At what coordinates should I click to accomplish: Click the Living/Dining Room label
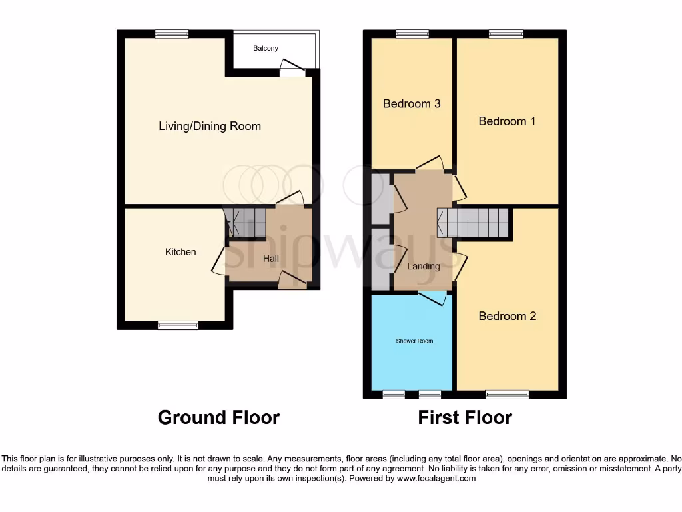[209, 126]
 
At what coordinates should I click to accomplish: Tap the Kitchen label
[180, 252]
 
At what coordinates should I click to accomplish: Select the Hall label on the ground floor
[270, 259]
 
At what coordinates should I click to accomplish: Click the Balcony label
[266, 49]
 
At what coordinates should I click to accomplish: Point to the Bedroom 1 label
[507, 121]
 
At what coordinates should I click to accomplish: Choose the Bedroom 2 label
[507, 316]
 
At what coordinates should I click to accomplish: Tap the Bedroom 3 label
[412, 104]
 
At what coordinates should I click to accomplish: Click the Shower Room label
[414, 341]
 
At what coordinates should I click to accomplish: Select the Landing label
[424, 266]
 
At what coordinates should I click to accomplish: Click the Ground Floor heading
[218, 418]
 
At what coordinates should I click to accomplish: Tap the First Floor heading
[465, 418]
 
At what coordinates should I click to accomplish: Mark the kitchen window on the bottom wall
[178, 325]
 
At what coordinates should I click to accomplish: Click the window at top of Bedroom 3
[412, 34]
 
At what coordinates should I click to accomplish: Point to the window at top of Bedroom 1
[506, 34]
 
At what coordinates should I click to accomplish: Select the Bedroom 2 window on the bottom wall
[507, 395]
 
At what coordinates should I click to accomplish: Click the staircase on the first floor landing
[474, 222]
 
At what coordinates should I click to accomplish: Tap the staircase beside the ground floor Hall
[245, 221]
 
